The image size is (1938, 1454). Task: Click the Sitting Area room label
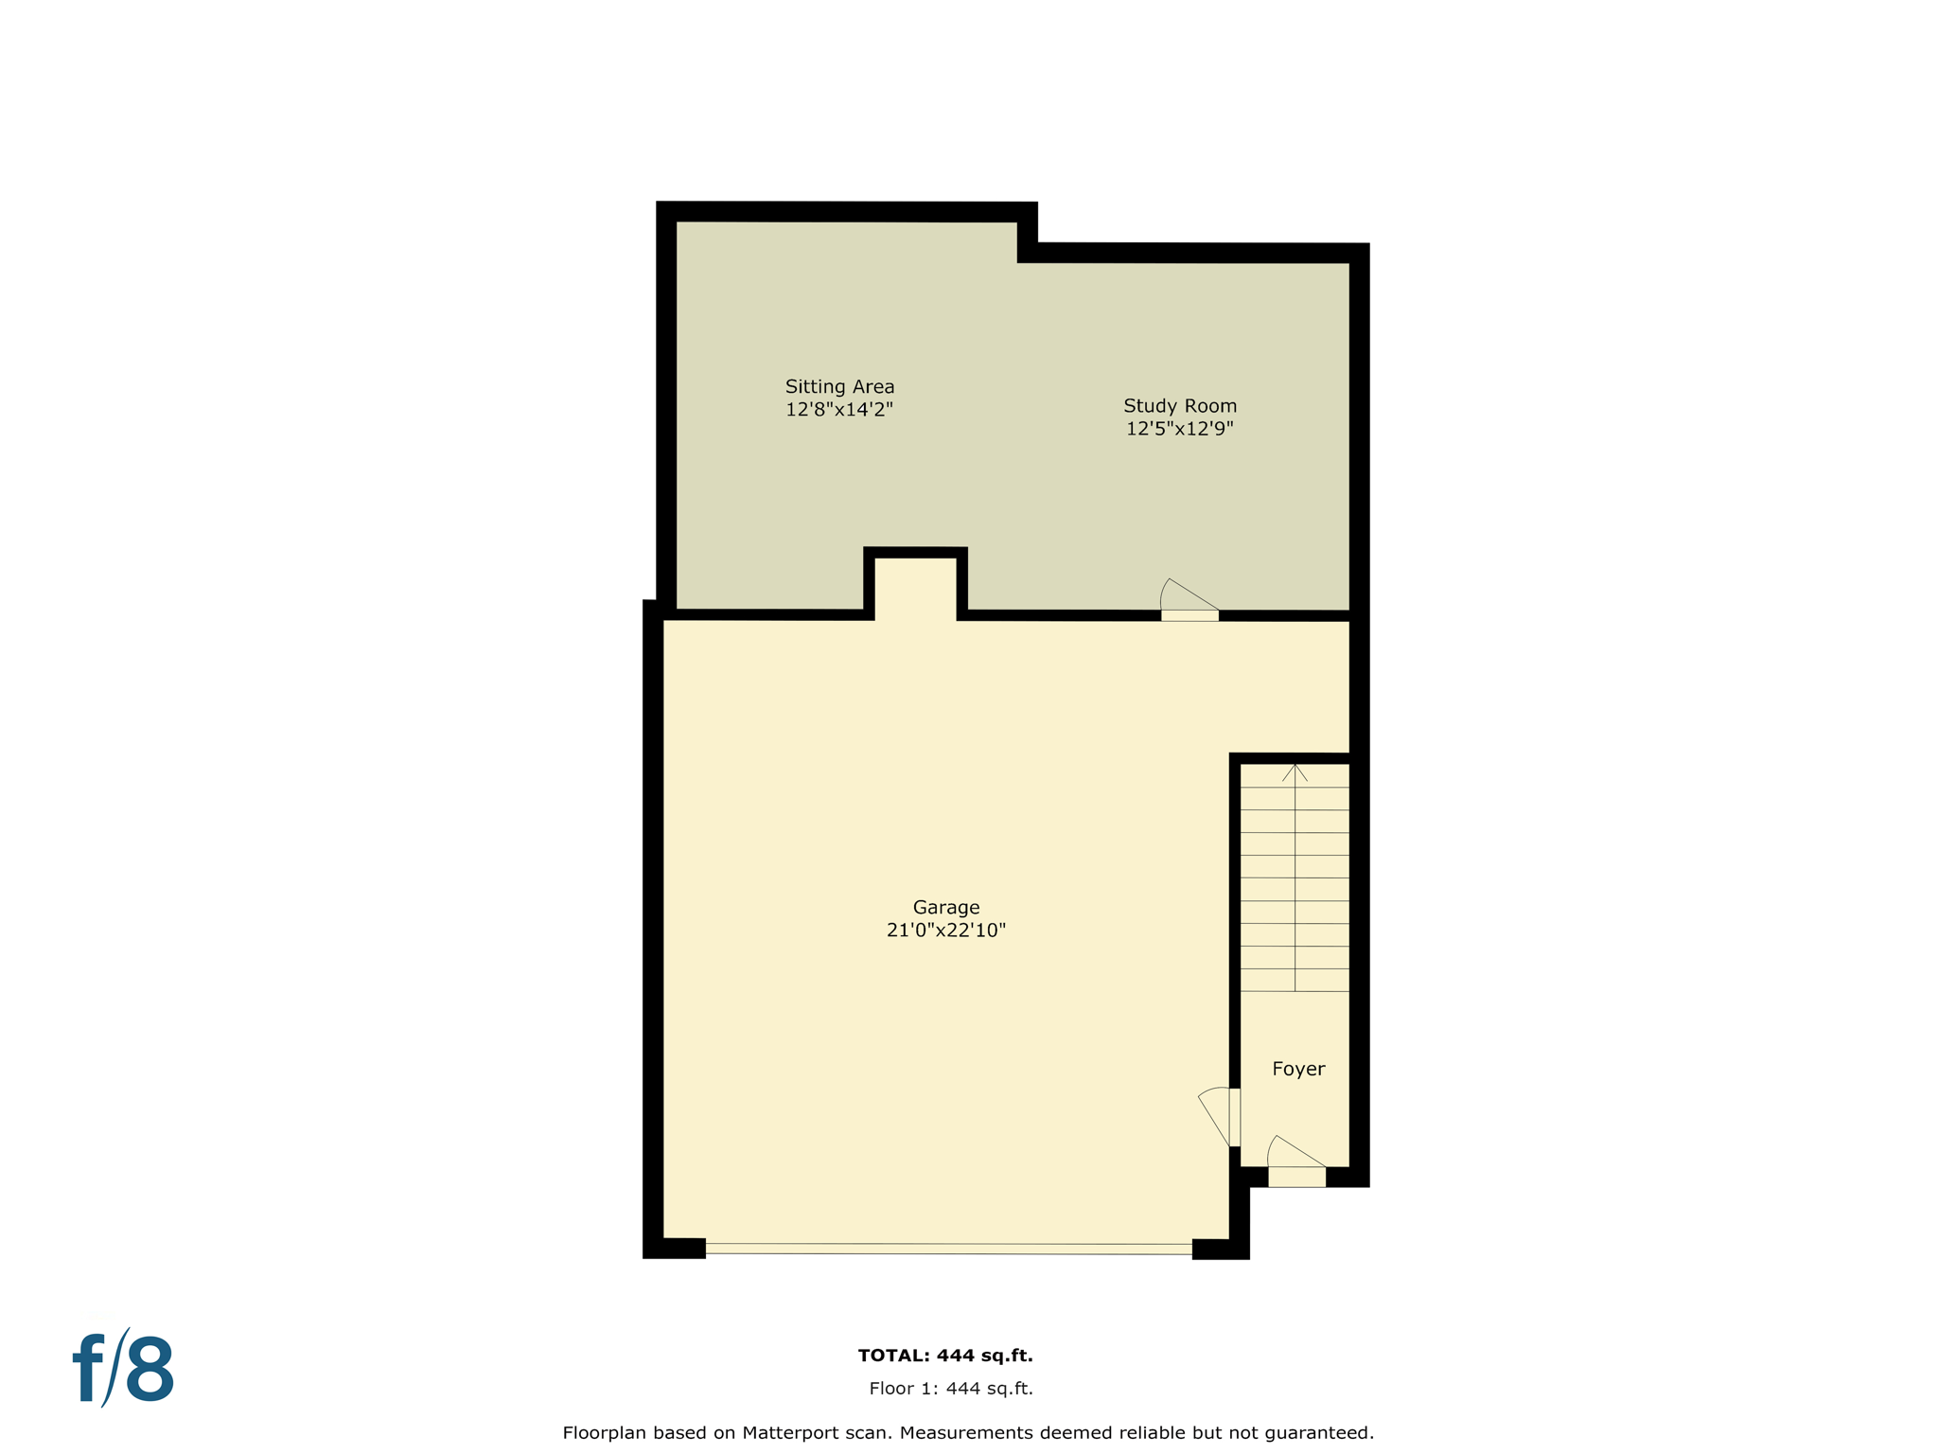(839, 386)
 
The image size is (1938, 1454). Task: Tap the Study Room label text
(1179, 405)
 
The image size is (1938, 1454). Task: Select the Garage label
(945, 907)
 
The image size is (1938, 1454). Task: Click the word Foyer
(1298, 1069)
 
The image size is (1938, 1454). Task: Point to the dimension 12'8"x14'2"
(839, 410)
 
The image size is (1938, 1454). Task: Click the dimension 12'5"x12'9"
(1179, 429)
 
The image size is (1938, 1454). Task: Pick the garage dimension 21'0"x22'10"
(945, 931)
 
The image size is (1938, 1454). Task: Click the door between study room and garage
(1189, 615)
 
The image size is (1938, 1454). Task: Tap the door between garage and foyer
(1234, 1117)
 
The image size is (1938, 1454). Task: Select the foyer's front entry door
(1296, 1177)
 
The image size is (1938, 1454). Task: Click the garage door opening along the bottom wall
(948, 1249)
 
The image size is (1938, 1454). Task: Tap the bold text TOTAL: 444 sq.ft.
(945, 1356)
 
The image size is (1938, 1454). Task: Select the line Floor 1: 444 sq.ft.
(951, 1389)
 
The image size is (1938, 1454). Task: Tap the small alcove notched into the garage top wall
(915, 587)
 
